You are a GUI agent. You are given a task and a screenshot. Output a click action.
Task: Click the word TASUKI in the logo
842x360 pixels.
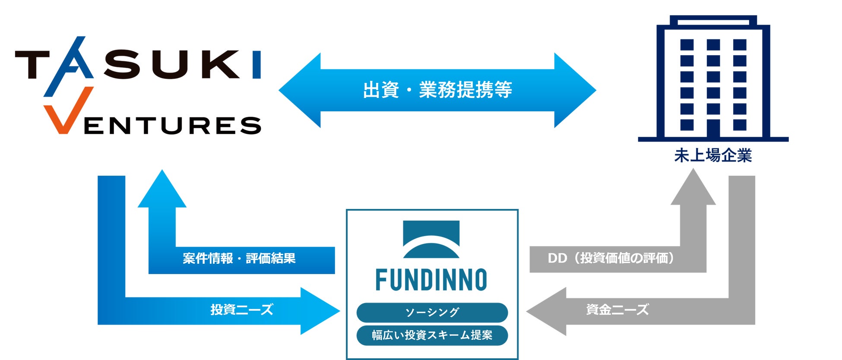138,64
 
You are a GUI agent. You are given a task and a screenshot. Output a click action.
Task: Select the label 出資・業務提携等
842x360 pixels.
437,90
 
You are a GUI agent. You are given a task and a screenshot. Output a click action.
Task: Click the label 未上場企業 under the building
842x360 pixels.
713,155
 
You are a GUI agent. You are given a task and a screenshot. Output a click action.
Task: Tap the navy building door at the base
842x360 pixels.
713,128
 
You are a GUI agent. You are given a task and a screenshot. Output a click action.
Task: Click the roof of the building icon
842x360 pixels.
713,21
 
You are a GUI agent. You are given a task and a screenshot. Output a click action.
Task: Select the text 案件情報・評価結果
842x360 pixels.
239,259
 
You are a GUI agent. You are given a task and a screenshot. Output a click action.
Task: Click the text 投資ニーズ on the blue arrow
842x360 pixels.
242,309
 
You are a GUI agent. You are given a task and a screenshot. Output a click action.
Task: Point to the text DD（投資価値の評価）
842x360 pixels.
611,258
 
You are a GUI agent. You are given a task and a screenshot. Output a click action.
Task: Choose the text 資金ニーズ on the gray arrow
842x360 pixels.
617,309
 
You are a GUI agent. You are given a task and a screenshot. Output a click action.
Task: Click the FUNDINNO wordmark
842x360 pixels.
431,280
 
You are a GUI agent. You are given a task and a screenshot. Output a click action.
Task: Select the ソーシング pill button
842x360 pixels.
432,312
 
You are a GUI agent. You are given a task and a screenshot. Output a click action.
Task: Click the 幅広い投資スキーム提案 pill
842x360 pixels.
432,335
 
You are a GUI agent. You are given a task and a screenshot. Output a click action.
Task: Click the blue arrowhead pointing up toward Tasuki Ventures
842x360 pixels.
162,190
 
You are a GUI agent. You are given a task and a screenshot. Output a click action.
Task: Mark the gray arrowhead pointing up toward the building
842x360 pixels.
693,188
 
